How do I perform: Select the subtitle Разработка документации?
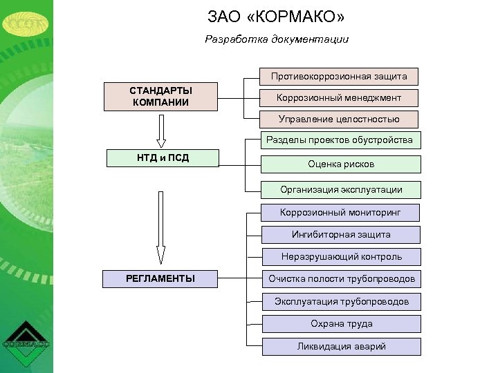[277, 39]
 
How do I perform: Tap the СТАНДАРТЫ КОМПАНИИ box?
[160, 97]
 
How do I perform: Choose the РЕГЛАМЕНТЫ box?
[160, 279]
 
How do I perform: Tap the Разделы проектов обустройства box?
[340, 140]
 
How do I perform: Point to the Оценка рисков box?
[340, 164]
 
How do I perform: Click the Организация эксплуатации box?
[340, 189]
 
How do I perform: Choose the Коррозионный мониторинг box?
[340, 212]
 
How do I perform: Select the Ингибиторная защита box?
[340, 235]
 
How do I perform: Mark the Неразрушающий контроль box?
[341, 257]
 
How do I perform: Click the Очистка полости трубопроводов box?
[341, 279]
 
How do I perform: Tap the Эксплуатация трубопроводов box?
[341, 301]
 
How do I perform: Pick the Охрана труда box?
[341, 324]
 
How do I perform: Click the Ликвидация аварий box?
[341, 347]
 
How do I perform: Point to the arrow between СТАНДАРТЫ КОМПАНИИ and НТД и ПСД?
[160, 128]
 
